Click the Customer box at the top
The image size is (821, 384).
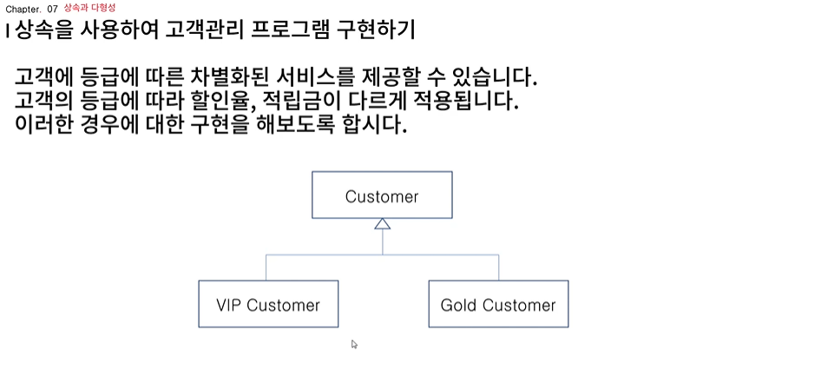click(382, 195)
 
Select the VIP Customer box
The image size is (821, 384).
click(268, 304)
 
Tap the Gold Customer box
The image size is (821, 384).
click(498, 304)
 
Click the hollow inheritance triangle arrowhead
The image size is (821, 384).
click(382, 224)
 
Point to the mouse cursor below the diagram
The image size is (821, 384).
click(354, 344)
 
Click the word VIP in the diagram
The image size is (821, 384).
click(229, 305)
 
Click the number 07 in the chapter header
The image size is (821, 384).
click(52, 8)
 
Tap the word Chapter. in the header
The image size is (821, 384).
click(23, 8)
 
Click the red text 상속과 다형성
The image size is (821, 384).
click(89, 7)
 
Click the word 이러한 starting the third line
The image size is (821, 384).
click(43, 124)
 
